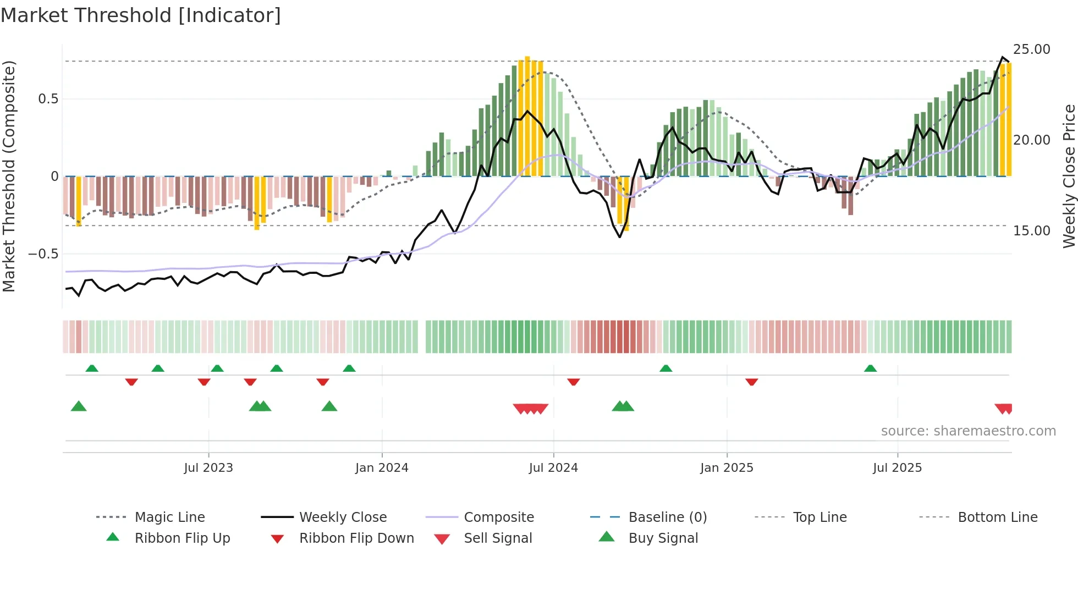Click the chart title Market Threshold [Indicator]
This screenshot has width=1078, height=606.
(141, 15)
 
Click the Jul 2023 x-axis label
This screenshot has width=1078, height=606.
(208, 467)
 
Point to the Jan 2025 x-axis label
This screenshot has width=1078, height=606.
(727, 467)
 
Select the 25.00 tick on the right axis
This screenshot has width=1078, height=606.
(1031, 49)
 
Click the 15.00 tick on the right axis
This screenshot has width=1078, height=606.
(1031, 230)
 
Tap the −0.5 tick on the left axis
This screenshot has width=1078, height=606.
(43, 254)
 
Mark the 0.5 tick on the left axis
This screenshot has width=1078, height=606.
(48, 98)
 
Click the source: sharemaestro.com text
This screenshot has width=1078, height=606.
(968, 431)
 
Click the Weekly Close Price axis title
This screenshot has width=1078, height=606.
(1069, 176)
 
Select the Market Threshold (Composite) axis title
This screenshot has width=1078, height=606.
(9, 176)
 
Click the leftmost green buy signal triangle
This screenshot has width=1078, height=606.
(79, 406)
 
